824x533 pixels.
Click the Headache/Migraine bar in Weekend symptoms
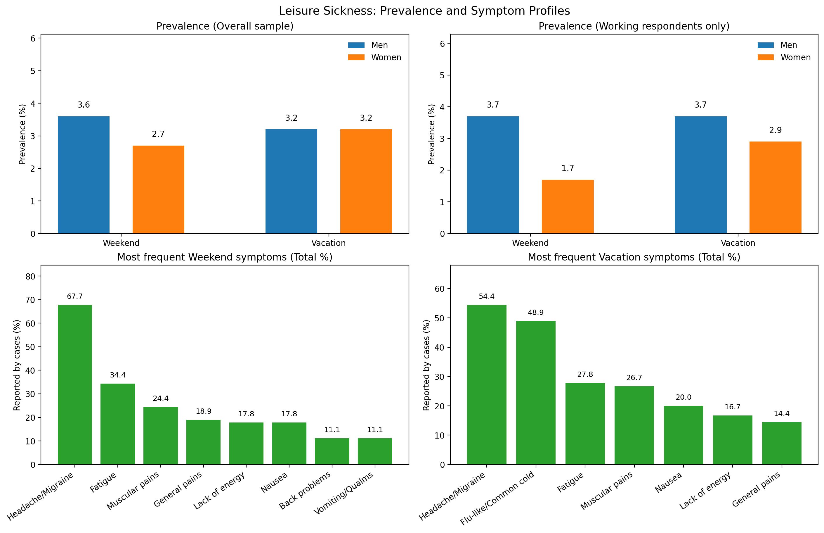pos(75,384)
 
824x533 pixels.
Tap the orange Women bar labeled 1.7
pos(568,207)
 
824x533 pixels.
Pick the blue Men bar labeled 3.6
pos(83,175)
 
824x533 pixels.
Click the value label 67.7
pos(75,296)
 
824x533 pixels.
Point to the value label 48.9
pos(535,313)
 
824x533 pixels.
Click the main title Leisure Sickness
pos(424,11)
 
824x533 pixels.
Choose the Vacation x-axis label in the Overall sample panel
pos(328,243)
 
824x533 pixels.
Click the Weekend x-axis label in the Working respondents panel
pos(530,243)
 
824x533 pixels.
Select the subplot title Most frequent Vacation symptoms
pos(634,257)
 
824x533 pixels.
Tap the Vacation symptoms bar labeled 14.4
pos(781,443)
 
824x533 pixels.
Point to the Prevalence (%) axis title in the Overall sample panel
pos(22,134)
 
